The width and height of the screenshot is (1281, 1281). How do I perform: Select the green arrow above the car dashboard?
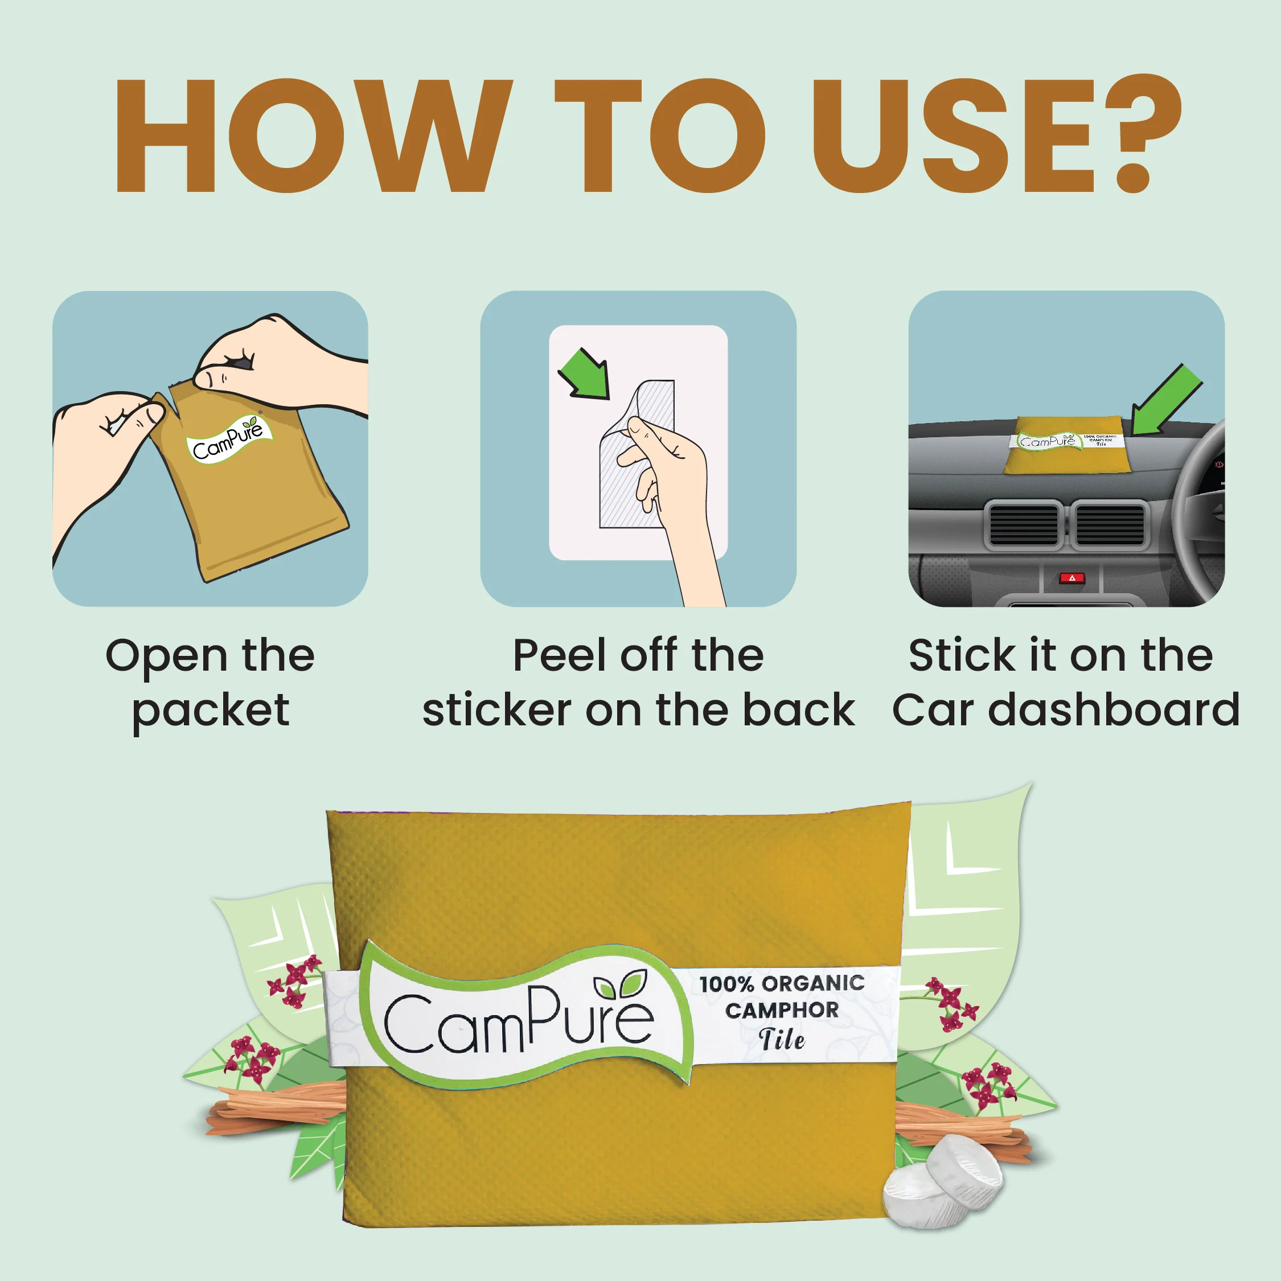[1167, 400]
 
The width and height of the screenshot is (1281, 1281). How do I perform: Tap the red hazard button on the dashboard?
[1071, 578]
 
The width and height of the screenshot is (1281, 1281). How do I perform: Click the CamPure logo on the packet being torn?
[229, 440]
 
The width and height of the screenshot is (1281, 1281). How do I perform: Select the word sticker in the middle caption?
[496, 710]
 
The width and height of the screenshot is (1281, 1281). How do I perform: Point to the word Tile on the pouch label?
[782, 1040]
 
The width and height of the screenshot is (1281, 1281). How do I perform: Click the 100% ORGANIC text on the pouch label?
[782, 983]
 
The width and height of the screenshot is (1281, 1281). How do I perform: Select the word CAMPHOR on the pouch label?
[782, 1011]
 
